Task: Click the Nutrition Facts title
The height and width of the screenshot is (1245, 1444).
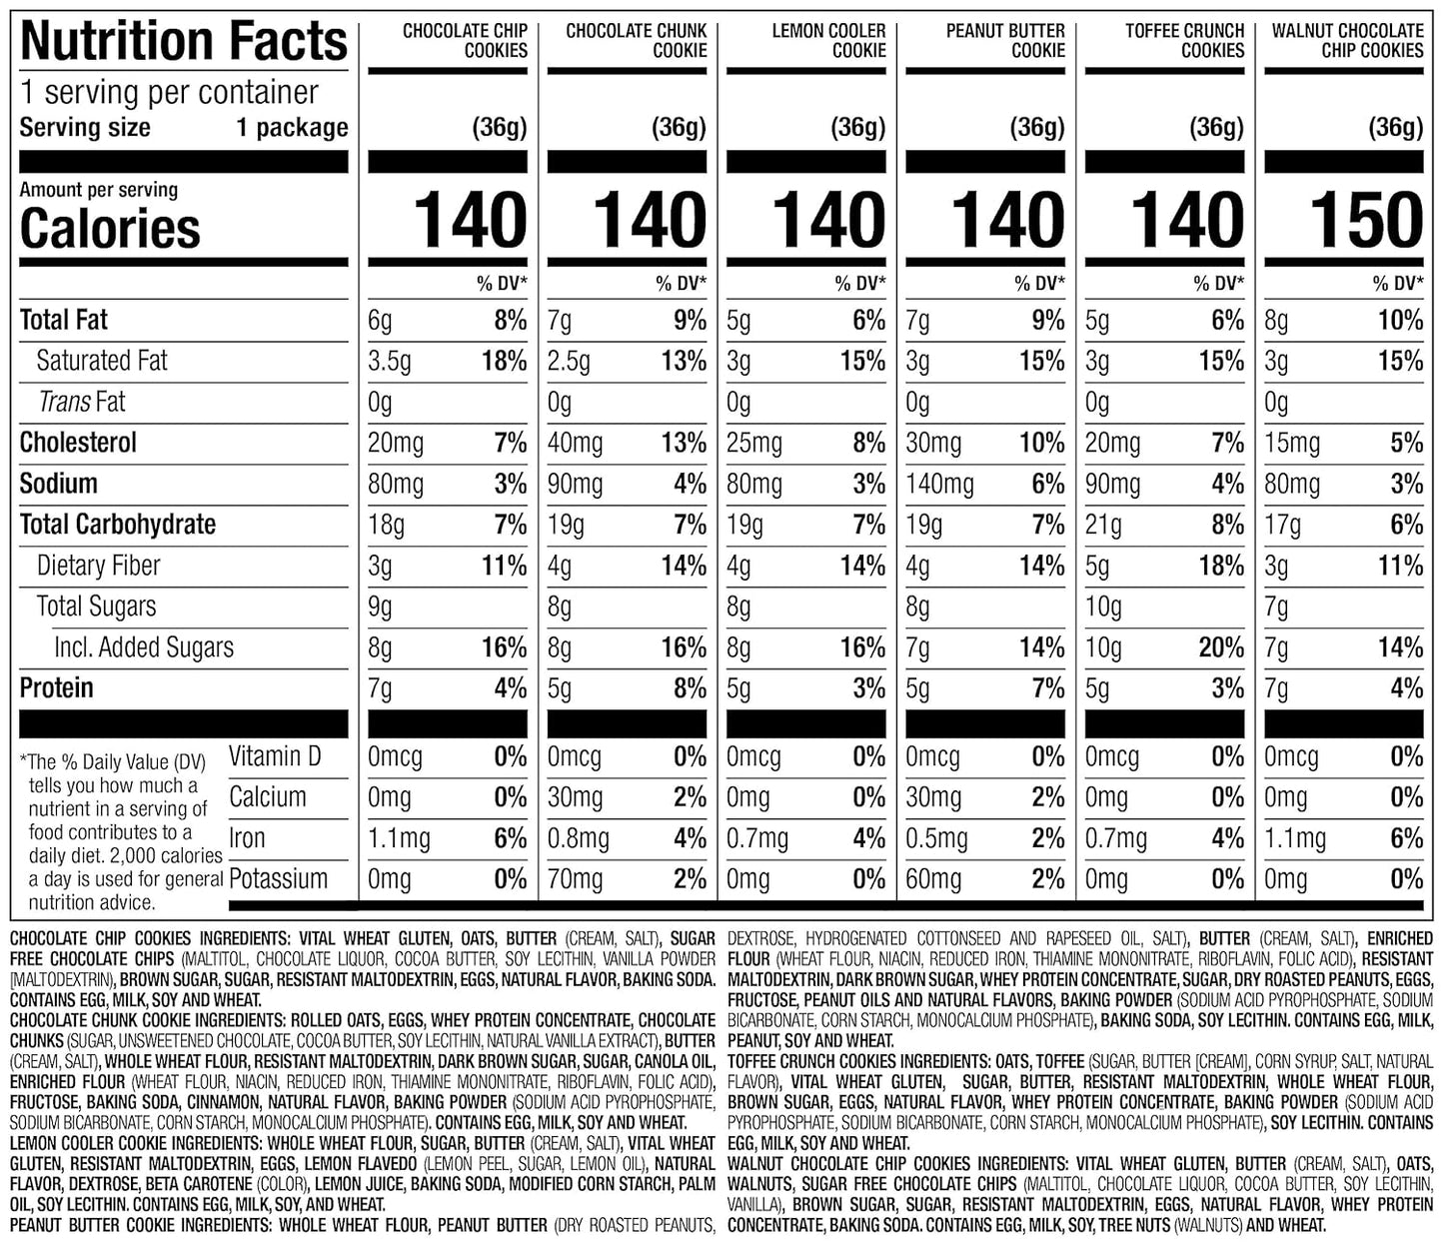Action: pyautogui.click(x=184, y=42)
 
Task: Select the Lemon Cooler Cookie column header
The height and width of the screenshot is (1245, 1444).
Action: pyautogui.click(x=828, y=41)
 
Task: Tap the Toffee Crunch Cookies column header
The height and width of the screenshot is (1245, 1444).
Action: pyautogui.click(x=1184, y=41)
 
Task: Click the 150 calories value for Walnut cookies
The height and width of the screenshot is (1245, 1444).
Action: pyautogui.click(x=1366, y=221)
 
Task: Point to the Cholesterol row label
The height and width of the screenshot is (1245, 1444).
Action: pyautogui.click(x=78, y=443)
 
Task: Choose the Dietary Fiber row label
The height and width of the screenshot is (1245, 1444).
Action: pyautogui.click(x=98, y=566)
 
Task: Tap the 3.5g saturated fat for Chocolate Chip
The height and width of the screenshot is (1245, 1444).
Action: pyautogui.click(x=390, y=362)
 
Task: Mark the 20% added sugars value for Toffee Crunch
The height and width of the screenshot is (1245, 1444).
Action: pyautogui.click(x=1221, y=647)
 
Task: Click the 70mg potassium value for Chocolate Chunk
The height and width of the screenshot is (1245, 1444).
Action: pyautogui.click(x=575, y=879)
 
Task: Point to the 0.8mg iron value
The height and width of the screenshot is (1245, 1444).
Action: pyautogui.click(x=578, y=838)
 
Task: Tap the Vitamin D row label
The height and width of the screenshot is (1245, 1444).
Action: pyautogui.click(x=275, y=756)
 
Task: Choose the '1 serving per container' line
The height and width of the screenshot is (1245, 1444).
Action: pyautogui.click(x=169, y=93)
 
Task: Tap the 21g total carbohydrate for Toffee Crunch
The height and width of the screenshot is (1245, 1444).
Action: pyautogui.click(x=1103, y=525)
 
